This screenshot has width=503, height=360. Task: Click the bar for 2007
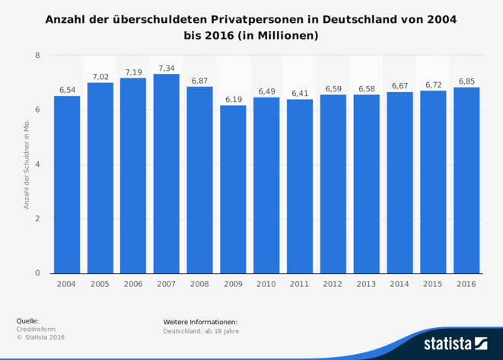pos(167,174)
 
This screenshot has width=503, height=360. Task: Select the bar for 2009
pos(233,190)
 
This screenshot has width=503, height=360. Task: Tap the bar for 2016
pos(466,180)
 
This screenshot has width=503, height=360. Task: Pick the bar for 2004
pos(67,184)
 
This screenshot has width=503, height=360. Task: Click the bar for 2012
pos(333,183)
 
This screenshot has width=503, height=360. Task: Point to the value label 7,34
pos(167,68)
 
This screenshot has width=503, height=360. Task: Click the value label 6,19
pos(233,100)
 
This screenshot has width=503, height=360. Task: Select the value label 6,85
pos(466,81)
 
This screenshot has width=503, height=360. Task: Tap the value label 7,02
pos(100,77)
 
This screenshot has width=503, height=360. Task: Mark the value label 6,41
pos(300,94)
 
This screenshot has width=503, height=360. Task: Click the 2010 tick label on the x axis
pos(266,284)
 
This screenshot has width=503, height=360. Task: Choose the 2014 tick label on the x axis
pos(400,284)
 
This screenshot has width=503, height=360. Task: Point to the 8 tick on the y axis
pos(37,56)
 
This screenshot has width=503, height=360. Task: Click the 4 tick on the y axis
pos(37,164)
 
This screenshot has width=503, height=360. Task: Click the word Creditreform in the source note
pos(35,329)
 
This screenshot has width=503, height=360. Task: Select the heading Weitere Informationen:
pos(200,322)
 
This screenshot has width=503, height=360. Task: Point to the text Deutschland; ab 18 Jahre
pos(201,331)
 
